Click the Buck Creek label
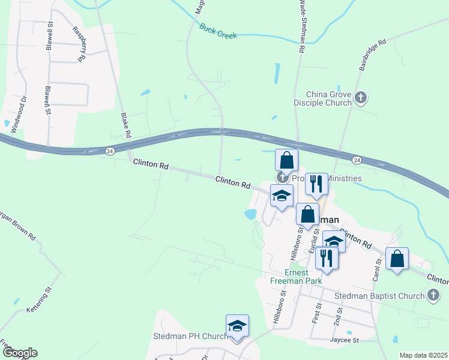tap(218, 31)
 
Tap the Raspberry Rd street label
tap(79, 44)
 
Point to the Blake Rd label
tap(125, 125)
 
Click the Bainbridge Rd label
tap(372, 56)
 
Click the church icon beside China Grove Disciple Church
tap(361, 98)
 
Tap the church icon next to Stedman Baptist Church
tap(433, 295)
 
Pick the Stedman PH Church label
tap(188, 336)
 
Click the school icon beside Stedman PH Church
tap(237, 326)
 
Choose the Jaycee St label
tap(343, 340)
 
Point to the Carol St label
tap(378, 270)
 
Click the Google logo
tap(20, 353)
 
